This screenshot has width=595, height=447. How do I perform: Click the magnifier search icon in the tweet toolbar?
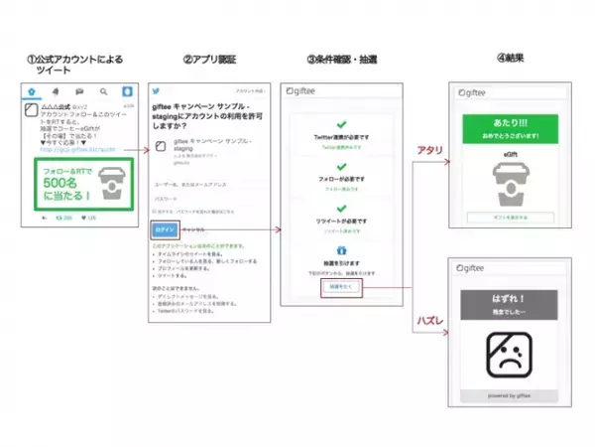pyautogui.click(x=103, y=92)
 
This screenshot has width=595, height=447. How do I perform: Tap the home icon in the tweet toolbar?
pyautogui.click(x=33, y=92)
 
